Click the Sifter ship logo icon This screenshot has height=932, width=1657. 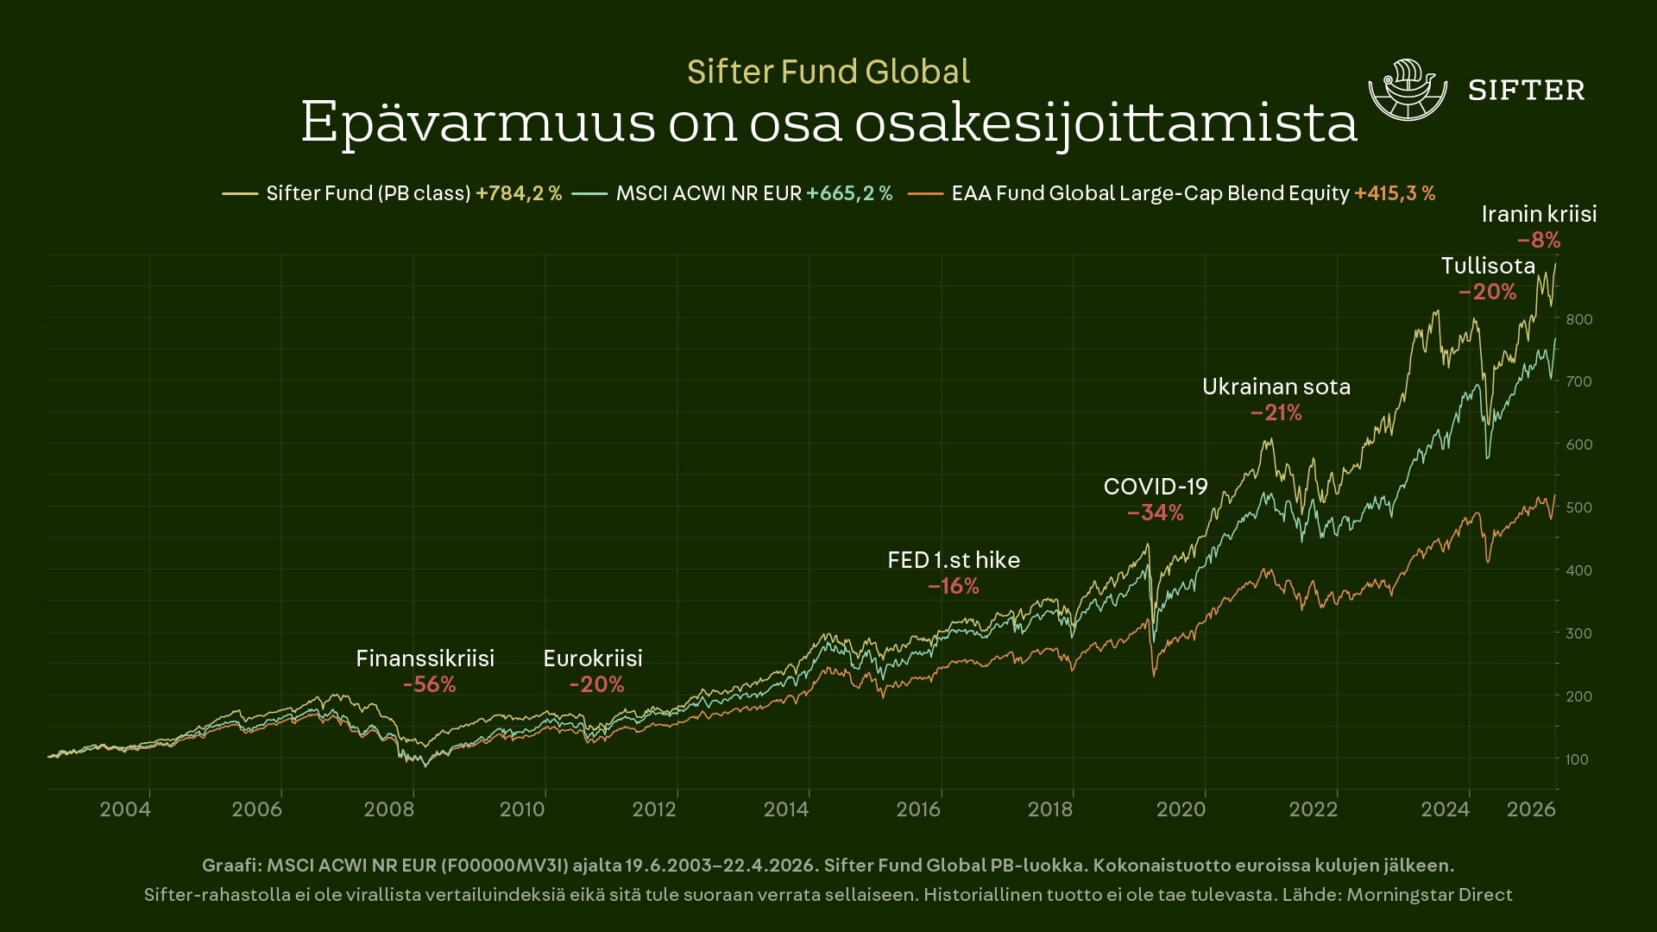pos(1407,90)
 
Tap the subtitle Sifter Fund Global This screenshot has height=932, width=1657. pos(828,72)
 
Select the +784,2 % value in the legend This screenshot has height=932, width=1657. pos(519,193)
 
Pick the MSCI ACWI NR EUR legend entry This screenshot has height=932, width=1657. pos(709,193)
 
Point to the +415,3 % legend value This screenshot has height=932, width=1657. pos(1395,193)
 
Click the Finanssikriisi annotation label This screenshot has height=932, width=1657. pos(425,658)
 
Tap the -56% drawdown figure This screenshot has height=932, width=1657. pos(429,684)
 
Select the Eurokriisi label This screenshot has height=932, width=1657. pos(593,658)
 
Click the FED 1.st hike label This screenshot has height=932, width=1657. pos(954,560)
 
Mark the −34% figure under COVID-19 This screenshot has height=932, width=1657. pos(1156,513)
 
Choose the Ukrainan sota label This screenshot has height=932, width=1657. pos(1276,387)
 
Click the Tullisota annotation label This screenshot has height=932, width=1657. pos(1488,266)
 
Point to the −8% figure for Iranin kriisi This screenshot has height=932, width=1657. pos(1539,240)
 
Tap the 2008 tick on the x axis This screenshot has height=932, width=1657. pos(389,809)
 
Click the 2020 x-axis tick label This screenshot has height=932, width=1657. pos(1181,809)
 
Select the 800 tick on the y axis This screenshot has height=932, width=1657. pos(1578,319)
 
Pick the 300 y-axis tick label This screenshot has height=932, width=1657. pos(1578,633)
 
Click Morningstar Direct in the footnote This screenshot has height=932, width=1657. pos(1429,895)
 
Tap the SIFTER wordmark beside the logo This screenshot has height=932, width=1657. pos(1526,91)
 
